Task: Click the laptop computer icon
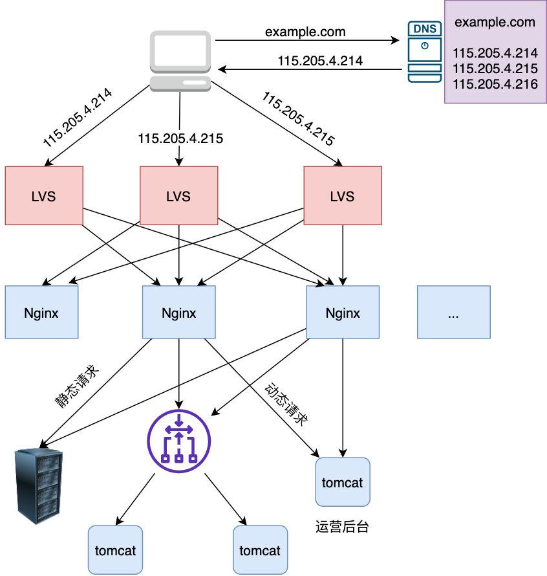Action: coord(181,61)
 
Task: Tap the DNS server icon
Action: coord(424,52)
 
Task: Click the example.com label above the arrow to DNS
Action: coord(305,31)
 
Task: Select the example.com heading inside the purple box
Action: coord(495,22)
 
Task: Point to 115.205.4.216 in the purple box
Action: coord(495,83)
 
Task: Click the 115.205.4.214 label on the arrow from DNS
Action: coord(320,61)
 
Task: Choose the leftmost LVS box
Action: coord(44,196)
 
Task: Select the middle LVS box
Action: coord(178,196)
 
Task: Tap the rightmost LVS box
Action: coord(343,196)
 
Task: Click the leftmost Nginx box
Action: coord(41,313)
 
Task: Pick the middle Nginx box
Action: coord(178,313)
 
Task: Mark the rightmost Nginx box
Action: coord(343,313)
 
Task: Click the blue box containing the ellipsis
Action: coord(453,313)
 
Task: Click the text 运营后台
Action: coord(343,526)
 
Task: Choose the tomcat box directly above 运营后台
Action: coord(343,482)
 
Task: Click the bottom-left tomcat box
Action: coord(115,550)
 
